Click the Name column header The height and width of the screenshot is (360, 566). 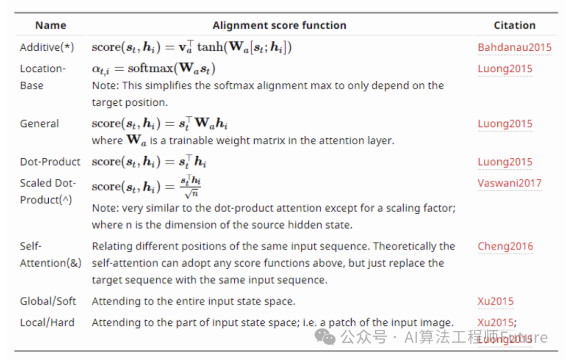[x=50, y=25]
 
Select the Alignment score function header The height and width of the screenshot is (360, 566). [x=279, y=25]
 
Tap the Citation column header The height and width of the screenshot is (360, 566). [x=514, y=25]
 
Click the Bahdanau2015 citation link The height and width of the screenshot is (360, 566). [x=514, y=47]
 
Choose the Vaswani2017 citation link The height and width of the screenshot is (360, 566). [x=509, y=183]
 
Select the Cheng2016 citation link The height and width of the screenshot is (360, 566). [x=505, y=246]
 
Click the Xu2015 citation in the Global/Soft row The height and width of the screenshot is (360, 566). [x=495, y=301]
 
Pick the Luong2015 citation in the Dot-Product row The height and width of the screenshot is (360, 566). [x=505, y=162]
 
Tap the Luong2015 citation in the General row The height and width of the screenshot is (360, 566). [x=505, y=124]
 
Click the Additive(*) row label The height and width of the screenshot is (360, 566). [x=47, y=47]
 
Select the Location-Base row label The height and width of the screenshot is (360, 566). [x=42, y=77]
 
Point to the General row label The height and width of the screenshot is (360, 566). [x=39, y=124]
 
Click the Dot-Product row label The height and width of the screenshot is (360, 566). [x=50, y=162]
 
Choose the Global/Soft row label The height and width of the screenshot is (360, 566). [x=48, y=301]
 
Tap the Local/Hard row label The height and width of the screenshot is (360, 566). [x=47, y=322]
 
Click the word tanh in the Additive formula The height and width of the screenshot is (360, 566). [x=210, y=48]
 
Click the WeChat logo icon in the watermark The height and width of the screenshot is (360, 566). [x=328, y=337]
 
